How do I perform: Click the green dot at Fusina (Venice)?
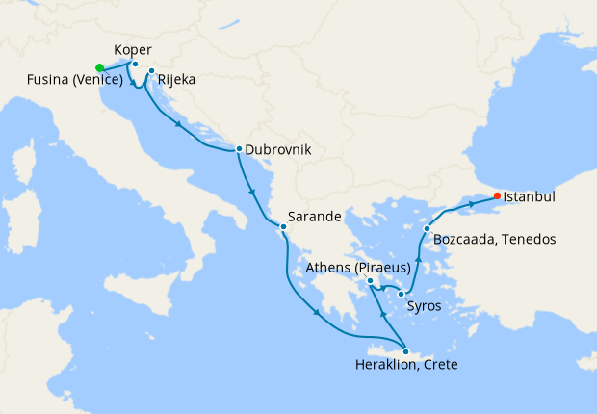point(99,67)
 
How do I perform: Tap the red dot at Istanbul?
point(497,196)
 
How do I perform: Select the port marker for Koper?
point(136,65)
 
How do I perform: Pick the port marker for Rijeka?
point(151,71)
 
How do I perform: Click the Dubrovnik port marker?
point(239,149)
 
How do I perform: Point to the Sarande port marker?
point(282,227)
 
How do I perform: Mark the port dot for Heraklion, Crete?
point(405,351)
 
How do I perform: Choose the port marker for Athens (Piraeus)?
point(370,280)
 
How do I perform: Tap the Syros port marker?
point(401,293)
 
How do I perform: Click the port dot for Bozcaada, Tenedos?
point(427,228)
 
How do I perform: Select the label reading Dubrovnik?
point(278,150)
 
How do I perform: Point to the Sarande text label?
point(317,218)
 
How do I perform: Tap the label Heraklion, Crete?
point(405,366)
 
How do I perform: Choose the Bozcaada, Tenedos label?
point(494,238)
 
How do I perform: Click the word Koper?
point(132,50)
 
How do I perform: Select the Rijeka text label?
point(176,80)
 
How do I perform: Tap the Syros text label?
point(425,307)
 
